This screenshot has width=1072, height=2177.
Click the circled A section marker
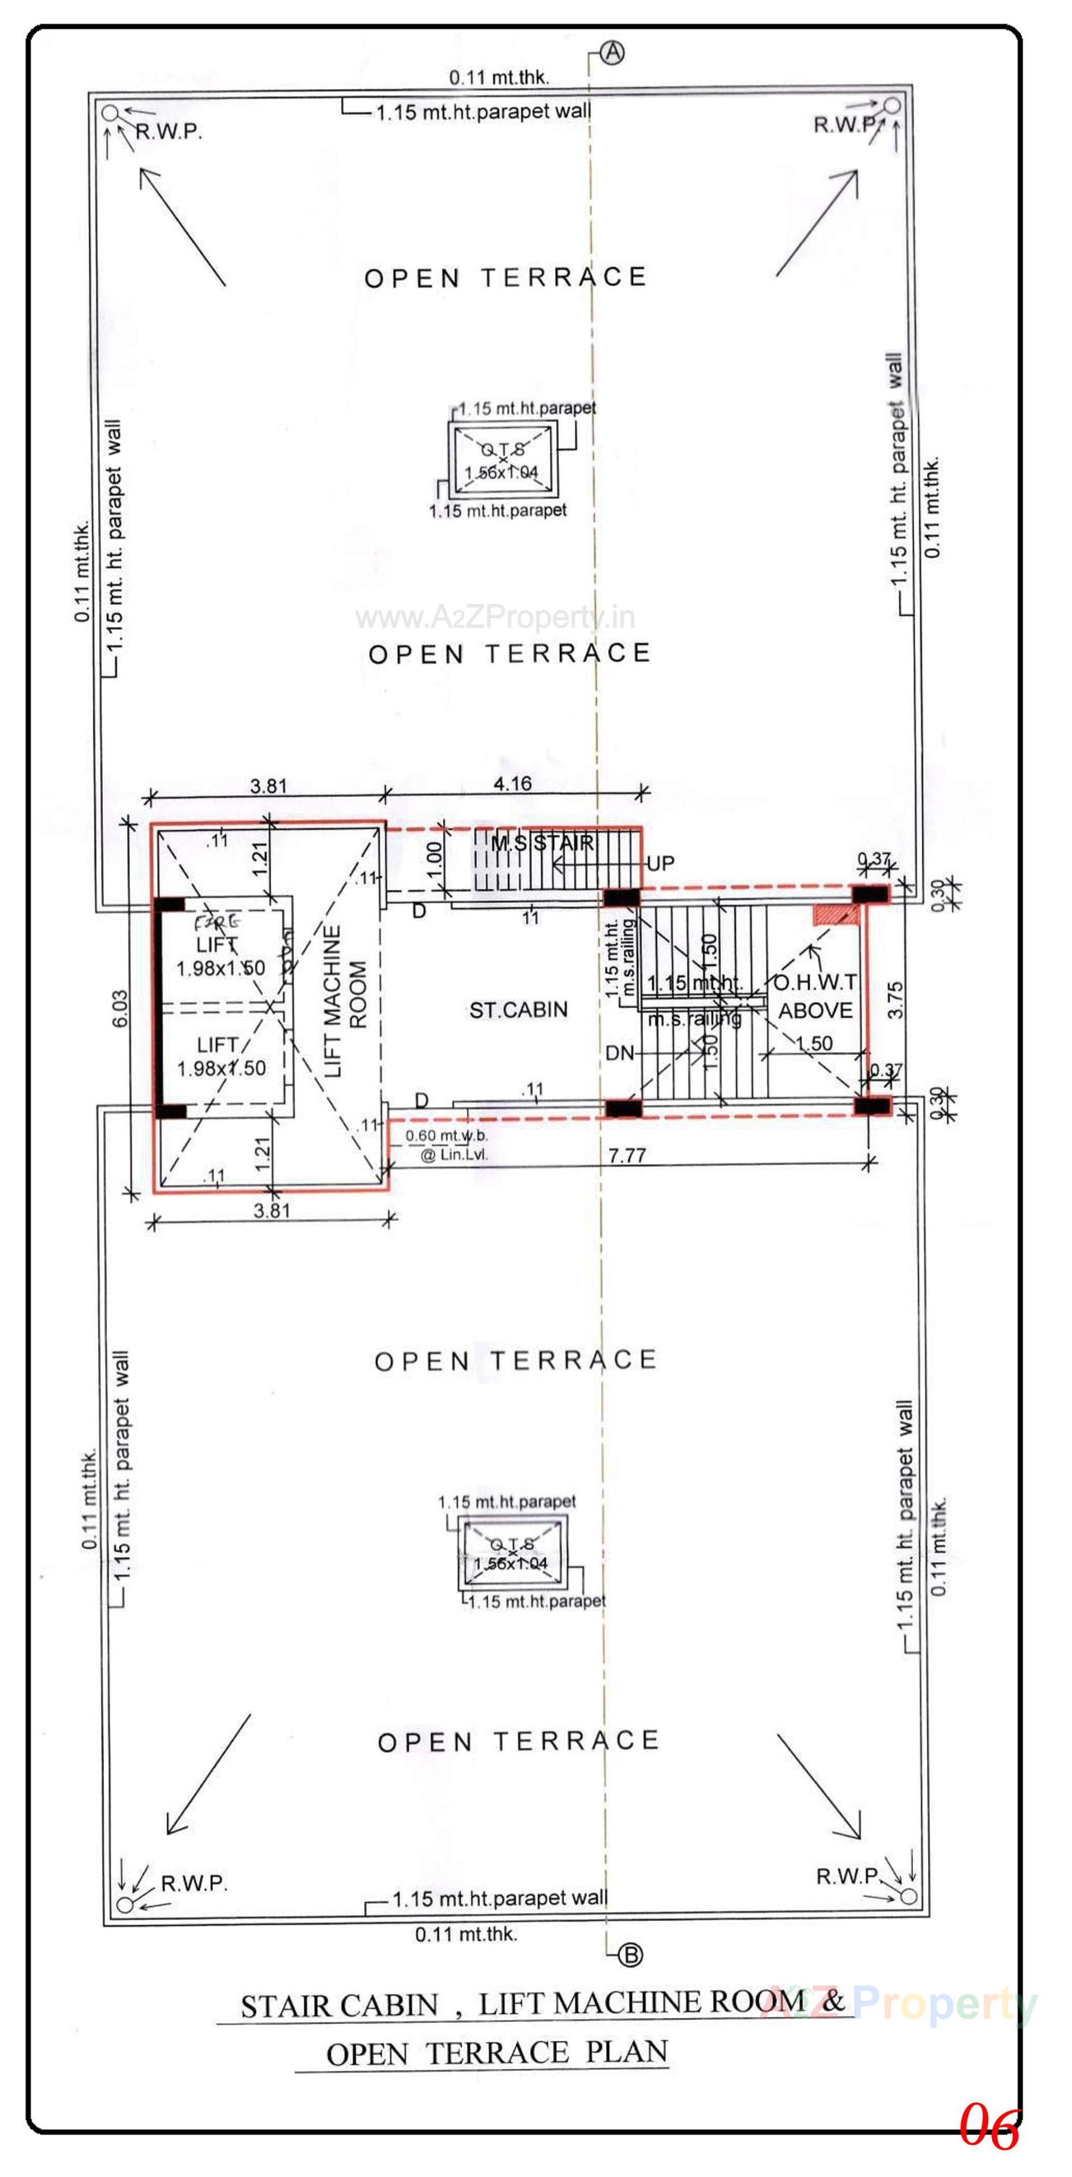pos(612,52)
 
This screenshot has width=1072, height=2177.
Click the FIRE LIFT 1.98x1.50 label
pos(219,946)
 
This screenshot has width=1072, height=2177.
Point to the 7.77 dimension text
pos(627,1155)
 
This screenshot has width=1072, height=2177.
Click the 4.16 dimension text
pos(512,783)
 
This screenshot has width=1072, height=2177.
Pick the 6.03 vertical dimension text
pos(121,1008)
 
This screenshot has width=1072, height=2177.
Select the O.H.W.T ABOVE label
pos(815,997)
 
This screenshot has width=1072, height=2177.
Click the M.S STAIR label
pos(542,843)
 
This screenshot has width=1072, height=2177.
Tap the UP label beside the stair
pos(660,864)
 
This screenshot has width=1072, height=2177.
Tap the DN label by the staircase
pos(619,1053)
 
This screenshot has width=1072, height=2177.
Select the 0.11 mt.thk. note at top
pos(499,78)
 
